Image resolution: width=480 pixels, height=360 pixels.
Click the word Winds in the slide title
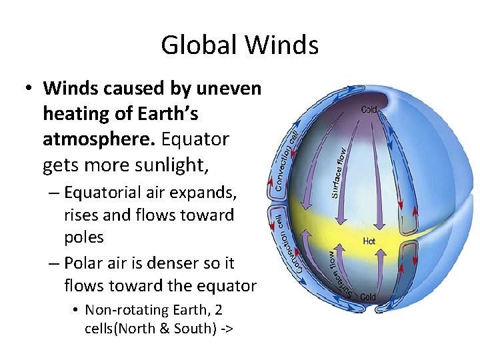(x=281, y=45)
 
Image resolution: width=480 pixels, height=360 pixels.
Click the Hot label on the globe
(x=369, y=241)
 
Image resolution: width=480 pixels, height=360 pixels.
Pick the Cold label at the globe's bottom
(x=367, y=297)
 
